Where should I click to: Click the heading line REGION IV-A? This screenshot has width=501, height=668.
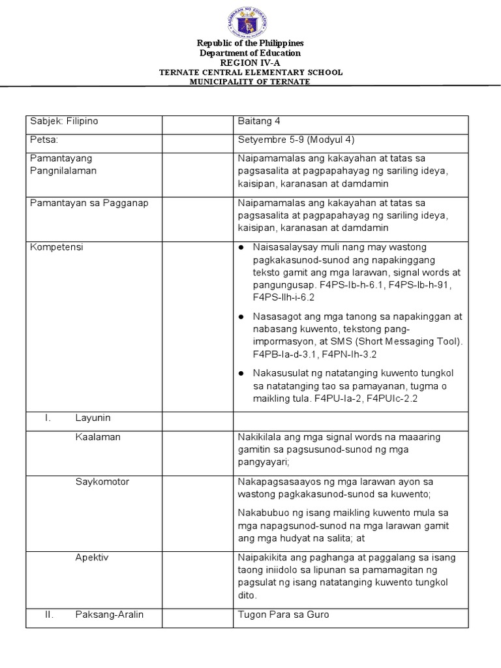click(251, 63)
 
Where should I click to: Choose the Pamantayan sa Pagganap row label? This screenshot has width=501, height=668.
click(90, 203)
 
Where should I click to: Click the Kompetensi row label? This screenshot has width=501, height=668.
click(57, 248)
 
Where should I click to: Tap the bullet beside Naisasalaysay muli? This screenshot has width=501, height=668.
click(241, 249)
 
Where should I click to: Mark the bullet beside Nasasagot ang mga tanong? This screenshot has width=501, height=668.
click(241, 316)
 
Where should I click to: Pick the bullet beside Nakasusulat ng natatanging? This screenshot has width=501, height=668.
click(241, 372)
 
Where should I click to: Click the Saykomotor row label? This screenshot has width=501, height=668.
click(102, 481)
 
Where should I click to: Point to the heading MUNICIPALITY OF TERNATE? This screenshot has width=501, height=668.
click(251, 82)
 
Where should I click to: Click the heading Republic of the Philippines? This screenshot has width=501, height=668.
click(251, 43)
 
